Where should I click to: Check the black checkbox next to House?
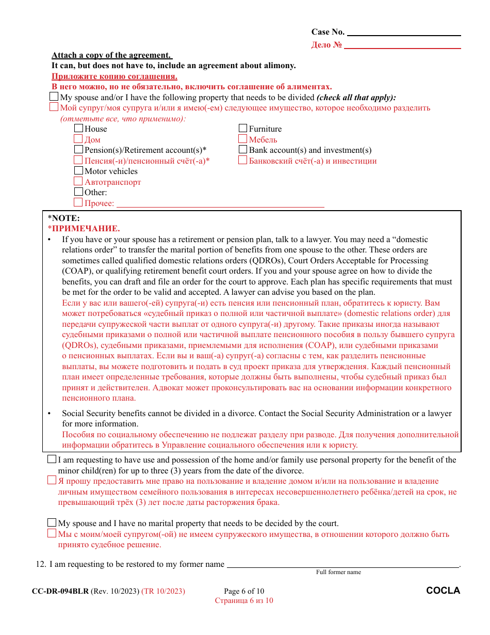click(x=78, y=128)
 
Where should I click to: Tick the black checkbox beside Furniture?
click(x=243, y=128)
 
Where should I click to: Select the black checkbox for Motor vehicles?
click(x=78, y=170)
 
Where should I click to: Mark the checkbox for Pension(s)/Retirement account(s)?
click(x=78, y=149)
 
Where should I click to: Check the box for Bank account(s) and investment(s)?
click(x=243, y=149)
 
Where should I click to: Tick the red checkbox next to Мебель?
click(x=243, y=139)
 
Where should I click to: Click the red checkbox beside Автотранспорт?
click(x=78, y=181)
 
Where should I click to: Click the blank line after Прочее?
click(x=220, y=204)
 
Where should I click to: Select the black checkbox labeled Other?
click(x=78, y=192)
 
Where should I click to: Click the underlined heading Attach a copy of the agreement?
click(x=111, y=55)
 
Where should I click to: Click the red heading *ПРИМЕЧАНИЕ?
click(x=84, y=229)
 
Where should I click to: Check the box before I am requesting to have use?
click(x=52, y=459)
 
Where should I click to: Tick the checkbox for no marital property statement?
click(x=52, y=522)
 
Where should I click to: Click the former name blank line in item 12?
click(x=342, y=565)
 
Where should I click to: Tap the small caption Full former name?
click(x=338, y=572)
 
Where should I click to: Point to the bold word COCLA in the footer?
click(x=443, y=591)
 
